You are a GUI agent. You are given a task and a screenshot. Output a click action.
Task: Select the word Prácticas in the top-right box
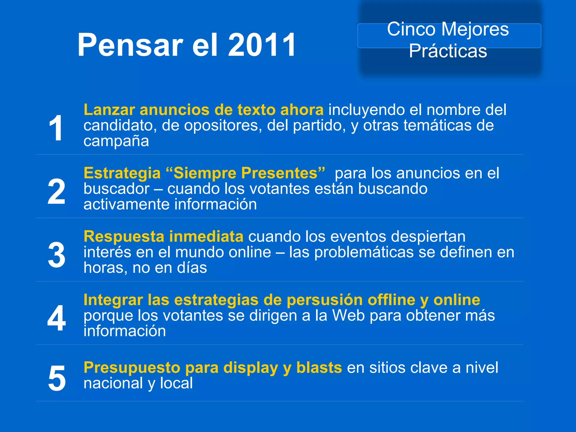pos(448,51)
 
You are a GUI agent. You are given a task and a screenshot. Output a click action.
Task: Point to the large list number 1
pos(56,128)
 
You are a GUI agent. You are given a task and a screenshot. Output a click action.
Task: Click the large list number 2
pos(56,192)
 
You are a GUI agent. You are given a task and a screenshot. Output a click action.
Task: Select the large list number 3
pos(57,255)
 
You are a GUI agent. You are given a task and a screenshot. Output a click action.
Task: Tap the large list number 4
pos(57,318)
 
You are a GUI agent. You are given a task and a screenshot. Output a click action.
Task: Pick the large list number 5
pos(57,378)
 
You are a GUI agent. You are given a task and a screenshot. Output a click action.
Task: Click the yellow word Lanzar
pos(109,110)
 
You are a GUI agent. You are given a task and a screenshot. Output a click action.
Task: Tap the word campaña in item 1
pos(116,141)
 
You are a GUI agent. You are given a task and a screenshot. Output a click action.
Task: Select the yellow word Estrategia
pos(122,173)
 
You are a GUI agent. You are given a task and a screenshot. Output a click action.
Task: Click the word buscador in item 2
pos(116,189)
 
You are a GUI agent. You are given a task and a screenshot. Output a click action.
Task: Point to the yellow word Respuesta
pos(124,237)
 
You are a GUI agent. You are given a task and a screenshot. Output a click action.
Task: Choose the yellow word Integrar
pos(113,300)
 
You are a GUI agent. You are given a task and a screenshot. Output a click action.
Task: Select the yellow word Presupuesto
pos(132,368)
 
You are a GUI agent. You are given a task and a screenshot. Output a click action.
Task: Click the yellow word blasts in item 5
pos(319,368)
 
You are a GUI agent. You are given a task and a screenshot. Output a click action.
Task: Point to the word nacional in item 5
pos(113,383)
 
